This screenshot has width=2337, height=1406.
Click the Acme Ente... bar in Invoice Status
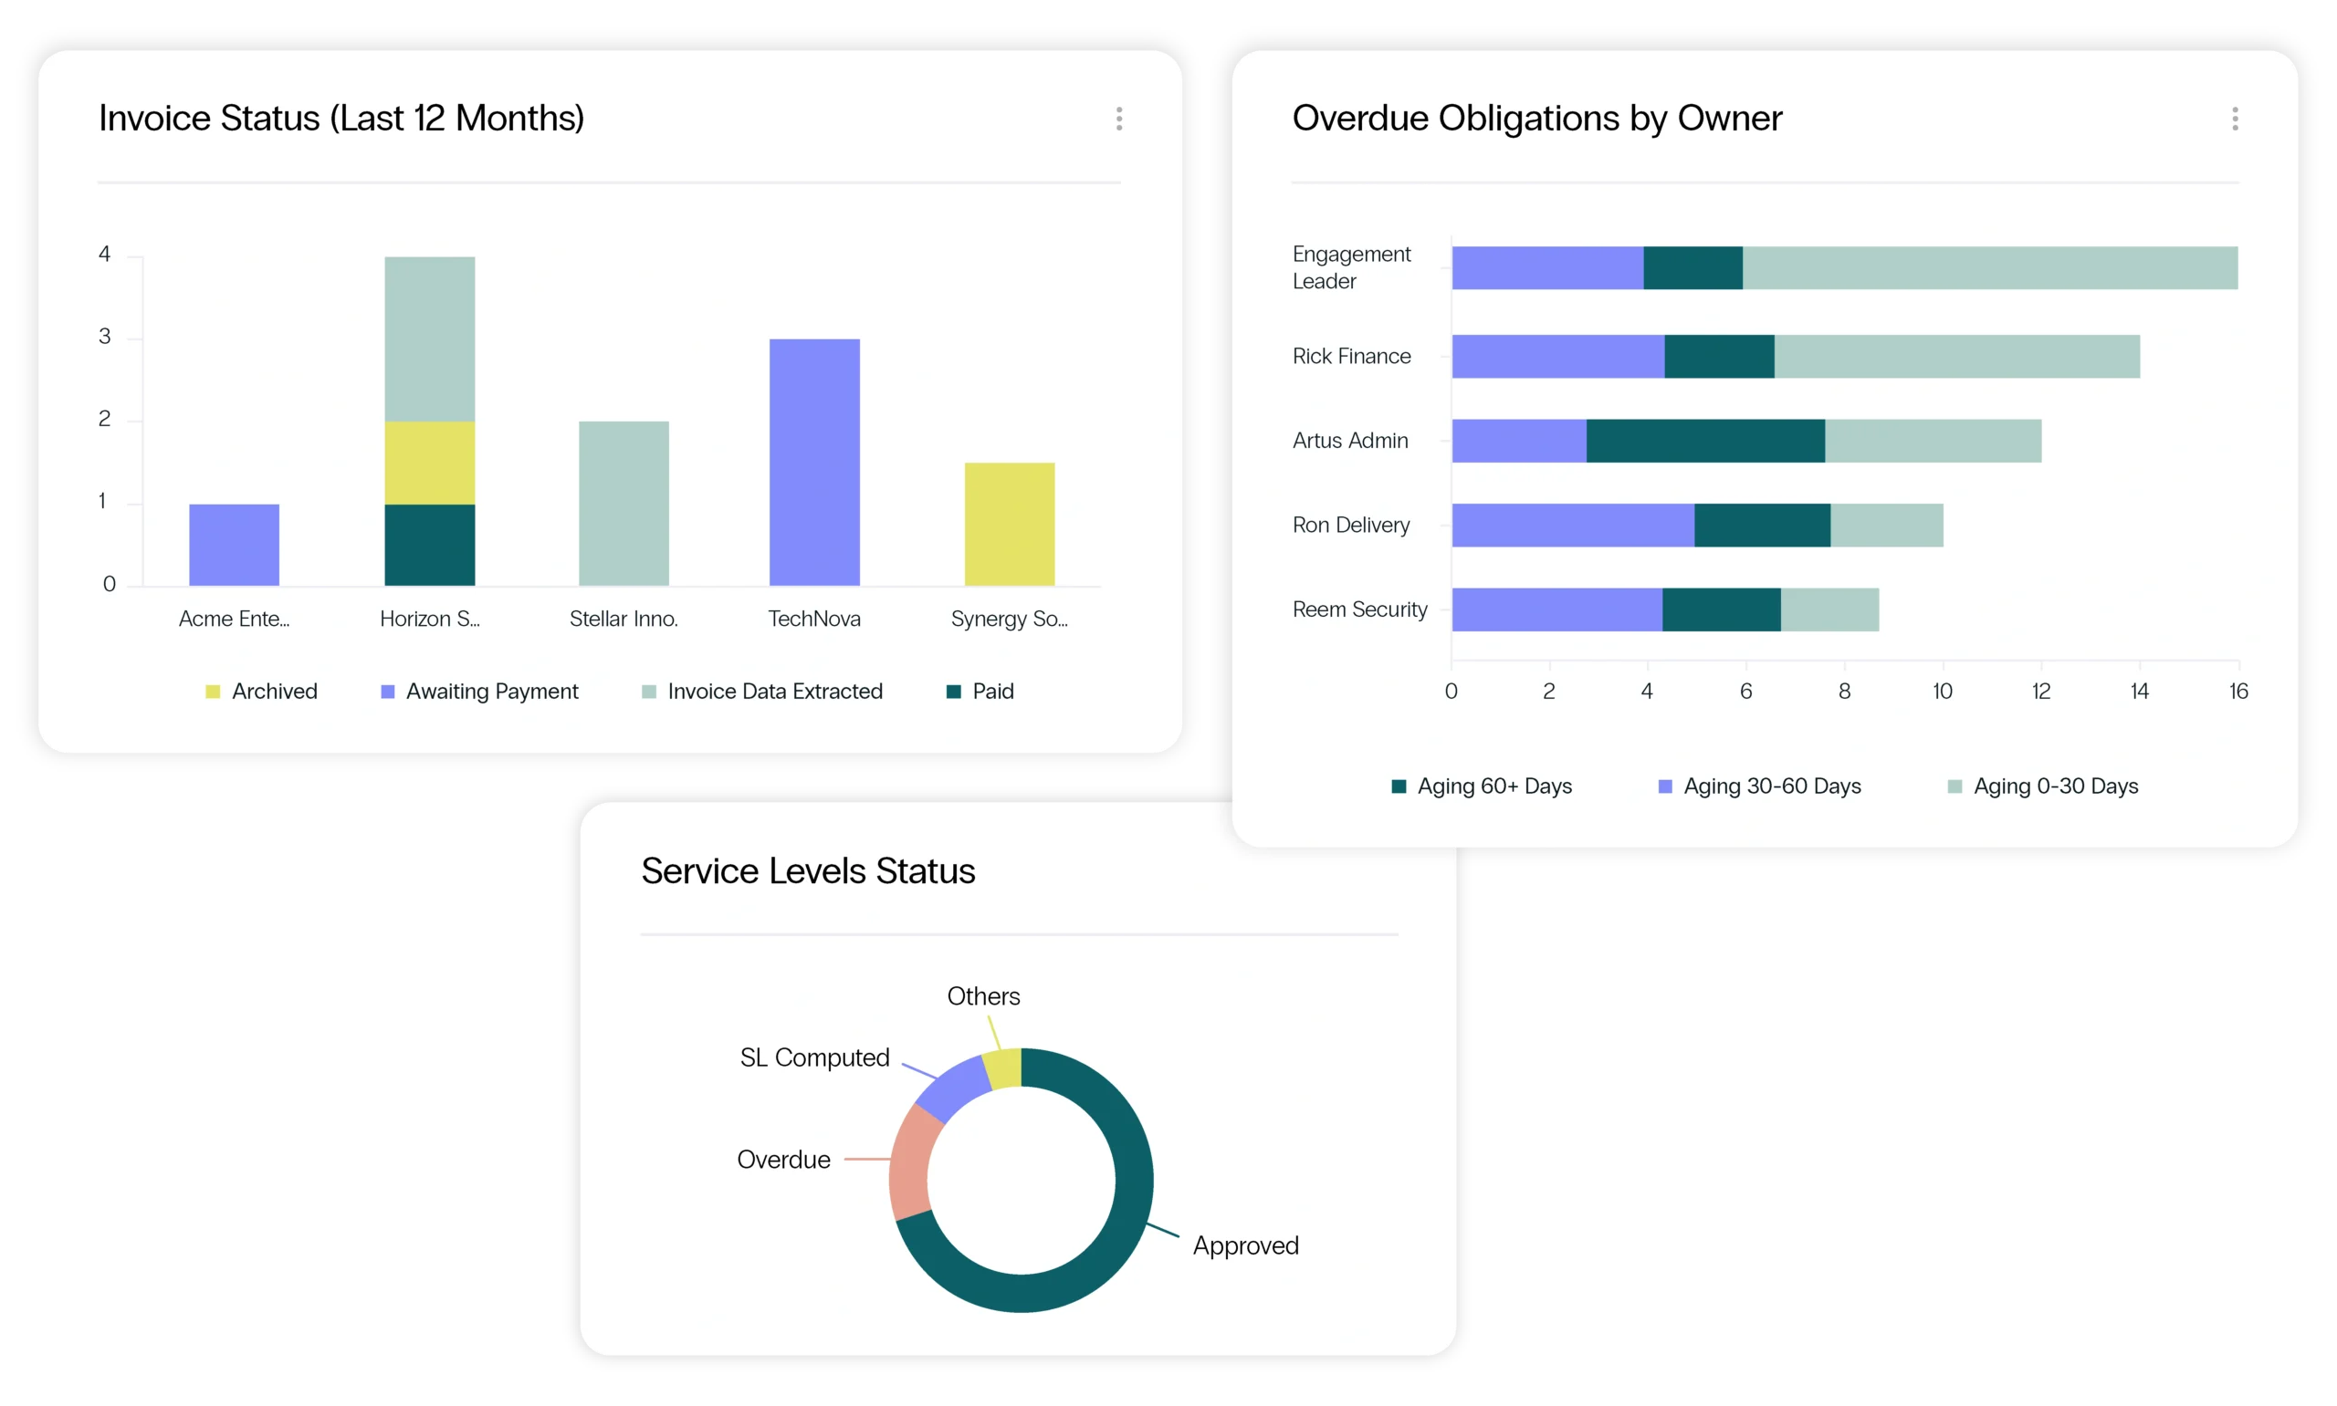point(234,545)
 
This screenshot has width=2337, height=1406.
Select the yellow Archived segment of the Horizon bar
point(429,463)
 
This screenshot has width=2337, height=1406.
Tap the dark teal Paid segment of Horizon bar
point(429,545)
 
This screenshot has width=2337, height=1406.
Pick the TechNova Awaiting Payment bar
point(814,463)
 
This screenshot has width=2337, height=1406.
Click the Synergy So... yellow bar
point(1010,524)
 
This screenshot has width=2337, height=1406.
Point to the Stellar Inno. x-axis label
point(624,619)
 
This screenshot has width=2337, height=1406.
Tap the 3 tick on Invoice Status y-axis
point(104,338)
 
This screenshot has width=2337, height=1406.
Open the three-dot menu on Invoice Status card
point(1119,119)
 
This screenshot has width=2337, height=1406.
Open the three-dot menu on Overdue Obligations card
point(2235,119)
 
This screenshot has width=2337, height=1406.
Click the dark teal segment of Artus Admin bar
point(1705,441)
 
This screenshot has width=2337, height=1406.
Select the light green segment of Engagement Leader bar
point(1989,267)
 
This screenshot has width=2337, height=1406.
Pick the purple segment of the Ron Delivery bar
point(1572,525)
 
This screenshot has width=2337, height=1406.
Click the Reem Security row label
point(1359,609)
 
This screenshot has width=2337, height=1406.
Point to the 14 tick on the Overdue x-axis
point(2139,692)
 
